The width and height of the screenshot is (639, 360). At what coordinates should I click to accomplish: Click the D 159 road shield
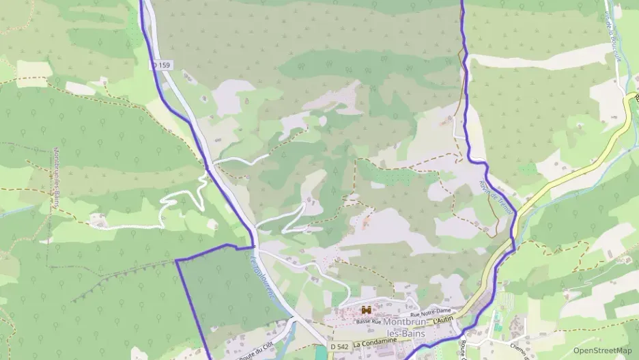click(161, 64)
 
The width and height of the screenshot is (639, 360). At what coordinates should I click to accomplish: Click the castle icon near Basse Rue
click(366, 309)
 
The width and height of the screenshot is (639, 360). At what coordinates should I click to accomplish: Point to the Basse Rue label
click(368, 320)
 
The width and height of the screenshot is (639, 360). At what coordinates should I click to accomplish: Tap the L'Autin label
click(444, 320)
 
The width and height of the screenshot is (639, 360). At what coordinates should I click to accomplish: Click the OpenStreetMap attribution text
click(602, 350)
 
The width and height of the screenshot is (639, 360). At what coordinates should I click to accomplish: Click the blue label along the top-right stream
click(612, 41)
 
